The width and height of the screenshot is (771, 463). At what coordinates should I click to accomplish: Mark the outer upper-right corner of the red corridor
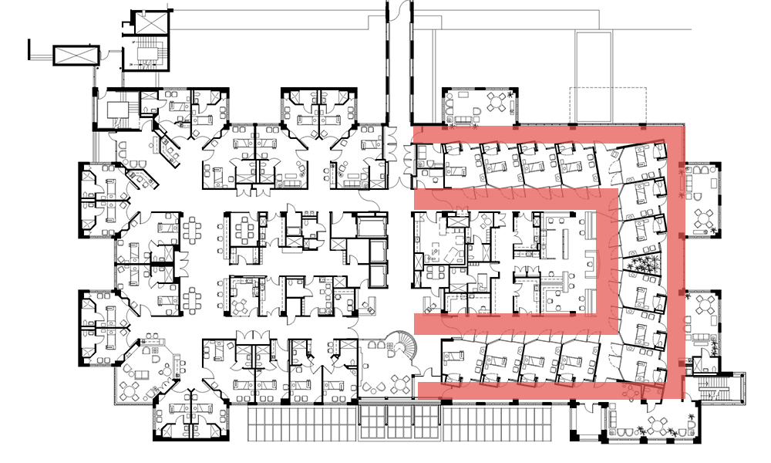tap(681, 130)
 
